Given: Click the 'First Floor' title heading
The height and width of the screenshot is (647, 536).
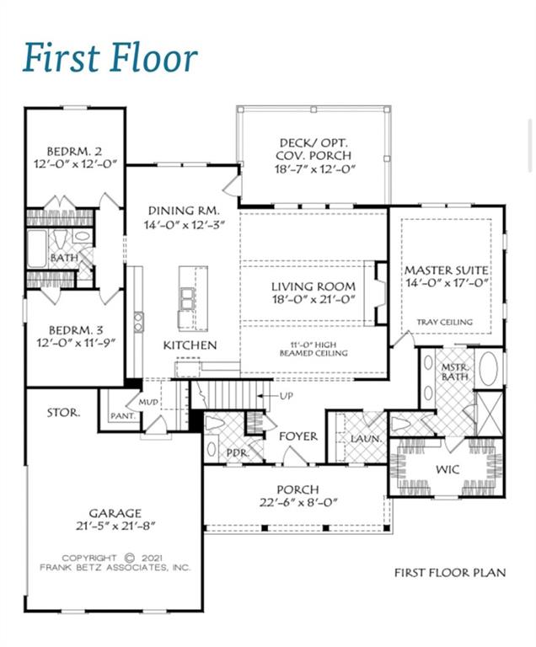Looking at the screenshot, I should coord(110,58).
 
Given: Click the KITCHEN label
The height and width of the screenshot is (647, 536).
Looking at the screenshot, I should coord(190,345).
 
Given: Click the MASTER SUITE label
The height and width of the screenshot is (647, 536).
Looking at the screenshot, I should coord(446,270).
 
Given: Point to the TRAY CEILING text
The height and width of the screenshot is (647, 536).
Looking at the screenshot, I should coord(445,322).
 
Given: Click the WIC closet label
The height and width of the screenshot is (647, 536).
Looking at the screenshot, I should coord(448,468).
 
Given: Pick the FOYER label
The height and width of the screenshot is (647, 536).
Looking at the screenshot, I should coord(297,436).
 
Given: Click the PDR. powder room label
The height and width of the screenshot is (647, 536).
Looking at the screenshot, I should coord(237,453).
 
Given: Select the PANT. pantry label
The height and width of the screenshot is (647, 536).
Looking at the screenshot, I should coord(122,415).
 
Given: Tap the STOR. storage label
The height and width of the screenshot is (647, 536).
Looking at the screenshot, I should coord(64,413).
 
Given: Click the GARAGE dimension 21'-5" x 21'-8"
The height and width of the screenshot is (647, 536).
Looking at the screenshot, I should coord(117,526).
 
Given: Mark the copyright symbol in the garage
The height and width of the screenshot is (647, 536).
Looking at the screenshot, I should coord(130,557).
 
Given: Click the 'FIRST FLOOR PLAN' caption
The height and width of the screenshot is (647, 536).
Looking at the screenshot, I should coord(450,573).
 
